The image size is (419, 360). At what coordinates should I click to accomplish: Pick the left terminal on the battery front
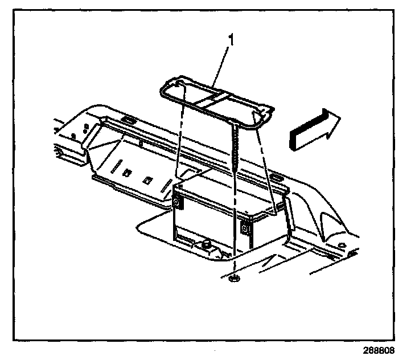[x=178, y=202]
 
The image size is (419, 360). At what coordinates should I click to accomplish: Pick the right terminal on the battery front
[x=245, y=229]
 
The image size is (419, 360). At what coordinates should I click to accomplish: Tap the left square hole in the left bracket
[x=129, y=170]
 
